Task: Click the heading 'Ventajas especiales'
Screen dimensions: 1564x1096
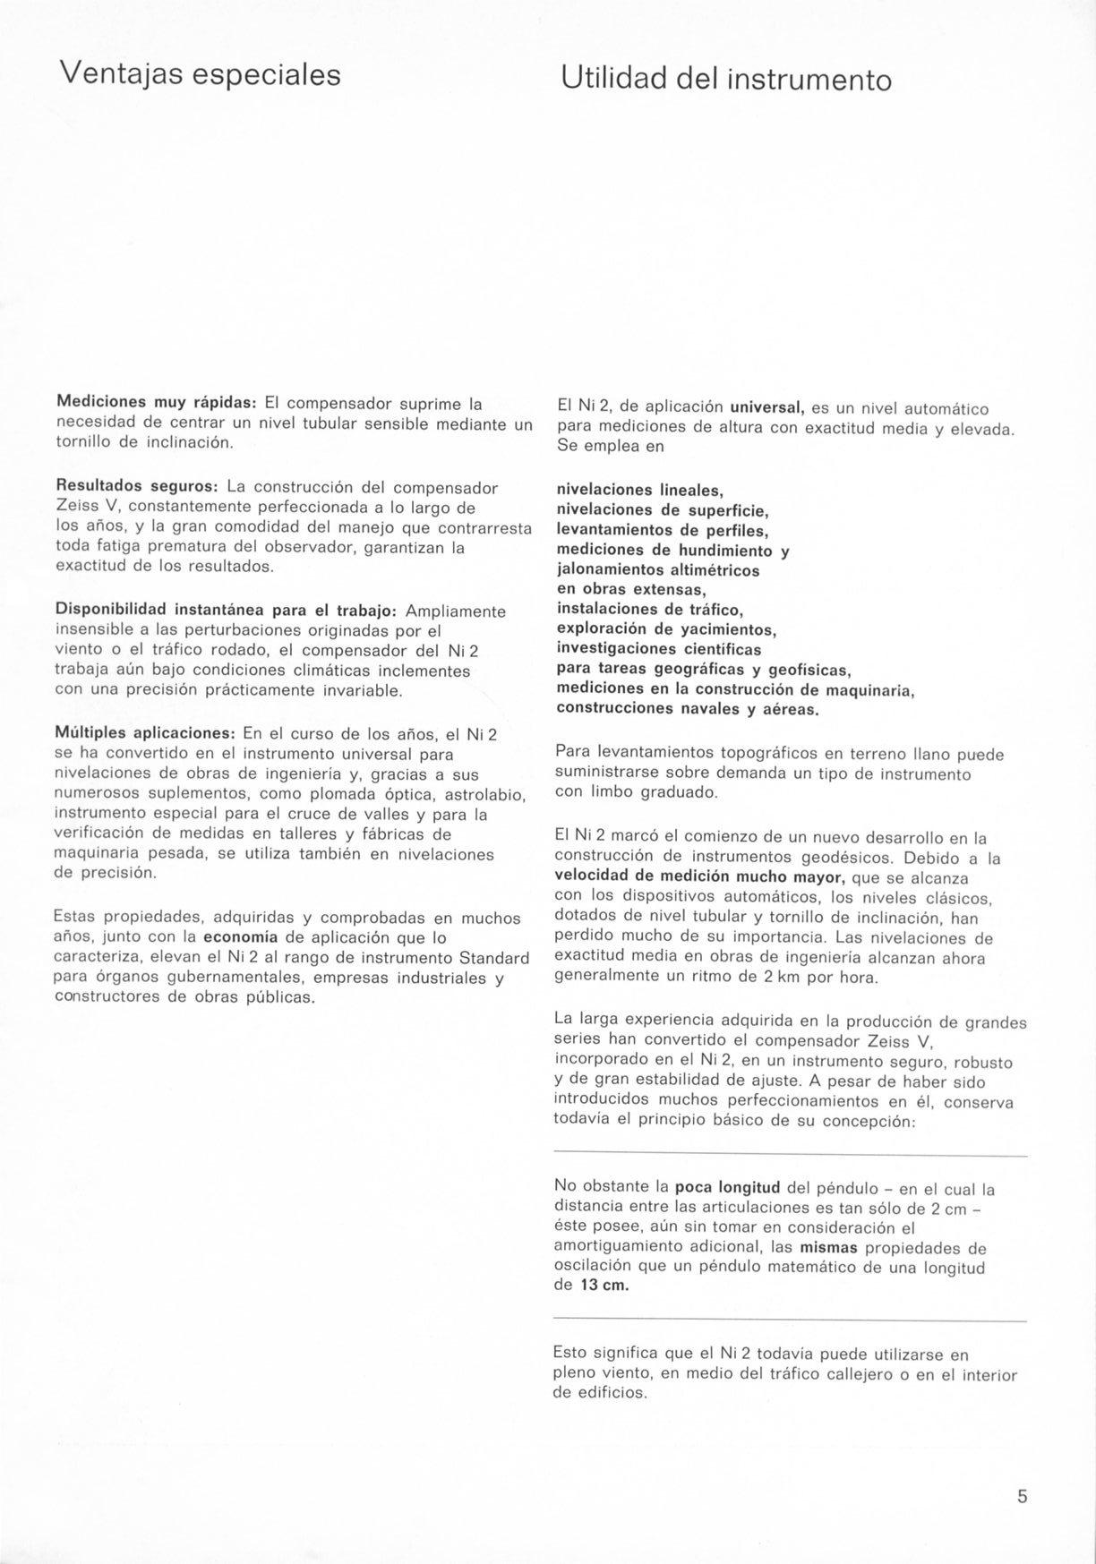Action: coord(200,73)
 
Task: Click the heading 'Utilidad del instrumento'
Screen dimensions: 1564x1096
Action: coord(726,80)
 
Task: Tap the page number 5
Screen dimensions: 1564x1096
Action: coord(1023,1497)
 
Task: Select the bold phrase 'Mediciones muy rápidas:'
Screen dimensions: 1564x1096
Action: coord(157,403)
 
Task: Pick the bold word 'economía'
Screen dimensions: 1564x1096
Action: coord(241,937)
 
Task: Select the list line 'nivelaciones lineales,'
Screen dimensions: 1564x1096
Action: coord(639,491)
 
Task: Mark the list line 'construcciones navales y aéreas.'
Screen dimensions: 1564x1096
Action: coord(688,708)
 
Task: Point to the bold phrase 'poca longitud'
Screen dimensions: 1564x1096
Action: coord(726,1187)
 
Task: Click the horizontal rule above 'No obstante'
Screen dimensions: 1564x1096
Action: coord(790,1155)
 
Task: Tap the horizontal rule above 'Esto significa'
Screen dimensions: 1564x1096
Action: coord(790,1321)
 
